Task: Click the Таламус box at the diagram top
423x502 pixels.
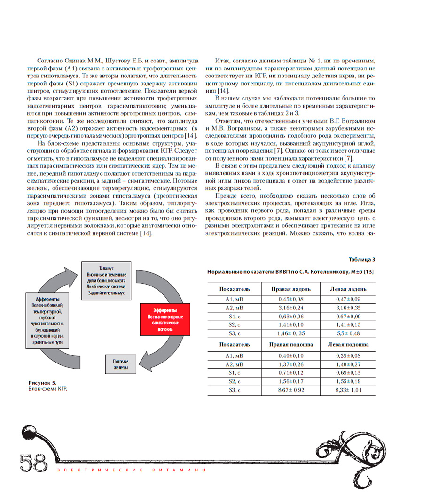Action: click(106, 280)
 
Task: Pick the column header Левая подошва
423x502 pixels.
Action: click(348, 344)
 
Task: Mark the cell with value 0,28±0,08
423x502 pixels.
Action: click(348, 355)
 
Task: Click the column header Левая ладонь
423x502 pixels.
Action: click(348, 289)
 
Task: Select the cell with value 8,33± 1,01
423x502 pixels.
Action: click(348, 390)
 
